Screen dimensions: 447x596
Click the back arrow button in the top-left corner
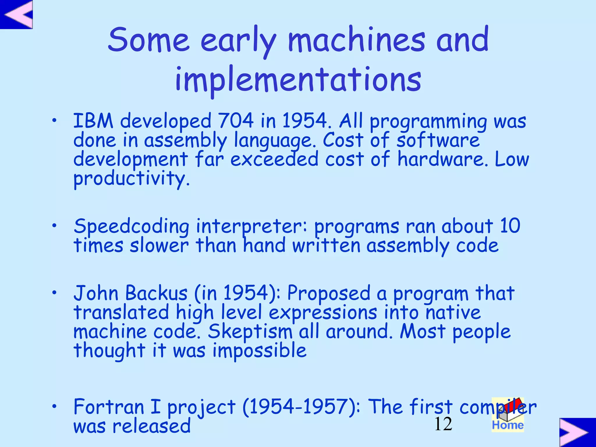[17, 14]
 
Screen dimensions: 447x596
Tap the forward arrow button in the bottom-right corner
[577, 432]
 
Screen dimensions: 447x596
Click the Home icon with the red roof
[508, 415]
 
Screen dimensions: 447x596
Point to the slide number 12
[443, 424]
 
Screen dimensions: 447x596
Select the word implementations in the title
[298, 79]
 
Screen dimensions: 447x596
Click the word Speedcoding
[131, 227]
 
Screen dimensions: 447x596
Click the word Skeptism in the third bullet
[250, 332]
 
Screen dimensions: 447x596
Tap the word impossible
[259, 351]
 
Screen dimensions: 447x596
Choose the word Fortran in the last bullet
[109, 407]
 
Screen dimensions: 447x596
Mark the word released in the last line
[151, 426]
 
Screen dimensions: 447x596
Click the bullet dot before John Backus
[54, 293]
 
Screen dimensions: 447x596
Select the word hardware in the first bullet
[441, 159]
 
